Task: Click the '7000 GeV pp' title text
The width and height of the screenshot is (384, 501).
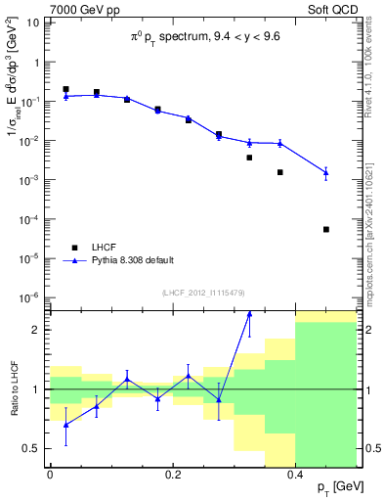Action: click(82, 10)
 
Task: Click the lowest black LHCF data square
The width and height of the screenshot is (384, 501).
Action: click(326, 229)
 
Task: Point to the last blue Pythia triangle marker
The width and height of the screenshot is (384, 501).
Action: click(326, 172)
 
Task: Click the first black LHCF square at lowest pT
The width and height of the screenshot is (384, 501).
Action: click(65, 89)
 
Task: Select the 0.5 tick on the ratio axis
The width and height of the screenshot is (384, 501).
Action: click(35, 448)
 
